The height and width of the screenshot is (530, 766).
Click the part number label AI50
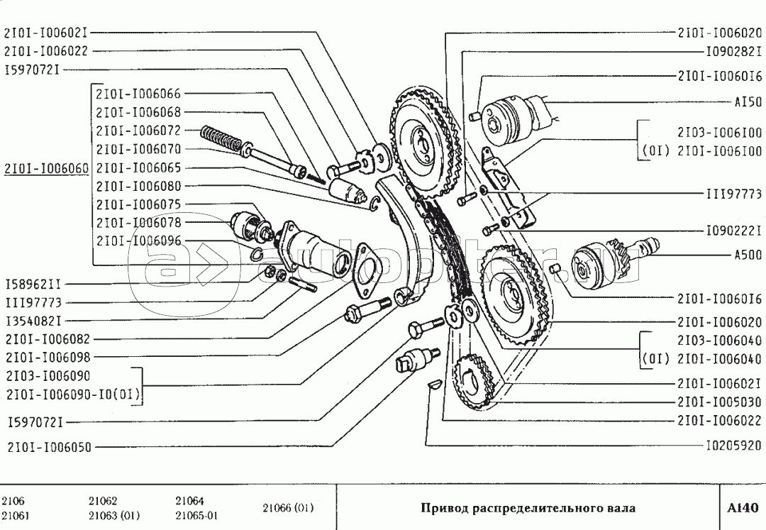click(x=748, y=102)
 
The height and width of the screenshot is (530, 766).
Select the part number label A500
click(x=748, y=253)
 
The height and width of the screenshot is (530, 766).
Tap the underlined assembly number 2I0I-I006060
click(x=47, y=168)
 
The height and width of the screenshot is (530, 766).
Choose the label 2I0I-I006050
click(x=50, y=447)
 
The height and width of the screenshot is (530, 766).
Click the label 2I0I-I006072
click(x=138, y=131)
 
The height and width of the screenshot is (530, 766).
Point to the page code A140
click(x=743, y=507)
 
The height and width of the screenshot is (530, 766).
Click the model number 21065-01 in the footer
click(x=196, y=515)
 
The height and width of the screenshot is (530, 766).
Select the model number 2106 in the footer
click(x=13, y=500)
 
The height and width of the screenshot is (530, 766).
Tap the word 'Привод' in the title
click(x=440, y=508)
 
